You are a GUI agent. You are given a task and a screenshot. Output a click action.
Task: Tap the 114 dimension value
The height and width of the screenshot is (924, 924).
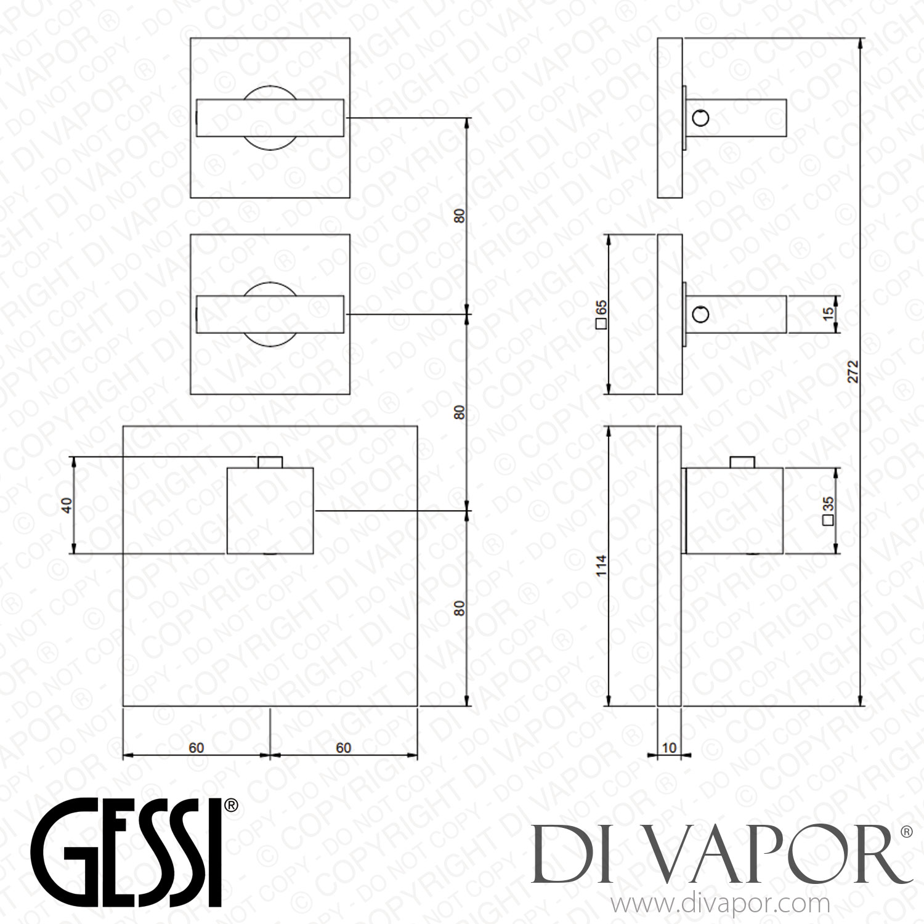pos(602,565)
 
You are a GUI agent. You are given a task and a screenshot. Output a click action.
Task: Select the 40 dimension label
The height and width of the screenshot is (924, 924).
pos(67,505)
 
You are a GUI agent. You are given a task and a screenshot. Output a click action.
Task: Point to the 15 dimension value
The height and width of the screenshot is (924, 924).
pos(829,312)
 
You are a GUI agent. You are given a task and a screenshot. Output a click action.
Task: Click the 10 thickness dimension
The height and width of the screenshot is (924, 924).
pos(669,747)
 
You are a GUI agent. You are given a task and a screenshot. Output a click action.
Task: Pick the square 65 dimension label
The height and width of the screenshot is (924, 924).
pos(601,315)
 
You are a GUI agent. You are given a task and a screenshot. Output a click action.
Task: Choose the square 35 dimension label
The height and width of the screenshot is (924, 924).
pos(829,511)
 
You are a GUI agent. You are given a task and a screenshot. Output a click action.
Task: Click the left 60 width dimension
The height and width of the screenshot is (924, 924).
pos(197,747)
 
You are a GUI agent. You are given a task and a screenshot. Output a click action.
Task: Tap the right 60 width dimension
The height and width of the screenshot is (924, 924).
pos(343,747)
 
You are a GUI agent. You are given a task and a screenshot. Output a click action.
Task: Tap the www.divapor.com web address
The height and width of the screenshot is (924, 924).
pos(719,904)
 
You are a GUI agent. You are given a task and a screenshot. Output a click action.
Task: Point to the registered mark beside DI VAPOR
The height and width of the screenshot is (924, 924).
pos(906,832)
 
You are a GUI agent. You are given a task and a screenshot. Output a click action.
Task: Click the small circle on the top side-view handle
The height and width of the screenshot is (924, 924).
pos(700,117)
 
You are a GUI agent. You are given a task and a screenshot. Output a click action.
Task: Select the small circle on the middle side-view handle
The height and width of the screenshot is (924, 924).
pos(700,315)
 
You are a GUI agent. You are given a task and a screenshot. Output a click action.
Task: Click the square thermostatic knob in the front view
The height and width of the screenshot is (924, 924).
pos(270,511)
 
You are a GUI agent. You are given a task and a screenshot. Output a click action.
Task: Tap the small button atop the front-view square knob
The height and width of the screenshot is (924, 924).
pos(270,462)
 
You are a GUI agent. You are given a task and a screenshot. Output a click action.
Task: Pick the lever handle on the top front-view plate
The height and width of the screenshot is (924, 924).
pos(270,117)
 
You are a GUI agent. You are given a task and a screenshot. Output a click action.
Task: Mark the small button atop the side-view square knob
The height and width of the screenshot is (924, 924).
pos(742,462)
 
